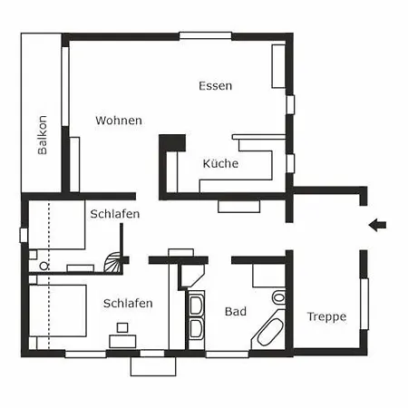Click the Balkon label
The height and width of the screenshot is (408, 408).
point(43,135)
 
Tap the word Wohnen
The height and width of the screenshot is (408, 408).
point(119,121)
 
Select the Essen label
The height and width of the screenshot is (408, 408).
point(216,86)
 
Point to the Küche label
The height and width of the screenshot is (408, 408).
point(220,163)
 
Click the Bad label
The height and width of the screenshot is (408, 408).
point(236,311)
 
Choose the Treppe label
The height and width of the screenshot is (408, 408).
point(326,317)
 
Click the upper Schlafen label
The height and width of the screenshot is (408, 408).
point(115,214)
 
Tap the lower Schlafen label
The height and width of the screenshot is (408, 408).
point(128,303)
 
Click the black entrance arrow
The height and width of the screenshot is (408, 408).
point(377,225)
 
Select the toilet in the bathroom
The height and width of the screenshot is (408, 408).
point(278,297)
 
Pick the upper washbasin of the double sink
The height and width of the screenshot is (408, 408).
point(196,305)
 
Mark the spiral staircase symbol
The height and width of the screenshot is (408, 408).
point(113,262)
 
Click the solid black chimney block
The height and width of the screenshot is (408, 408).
point(172,143)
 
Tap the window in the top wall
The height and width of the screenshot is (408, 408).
point(206,35)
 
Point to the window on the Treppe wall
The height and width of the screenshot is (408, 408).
point(364,304)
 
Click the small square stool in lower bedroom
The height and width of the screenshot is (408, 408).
point(122,327)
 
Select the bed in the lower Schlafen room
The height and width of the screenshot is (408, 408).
point(58,310)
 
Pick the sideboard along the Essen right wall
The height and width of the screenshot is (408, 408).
point(278,66)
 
